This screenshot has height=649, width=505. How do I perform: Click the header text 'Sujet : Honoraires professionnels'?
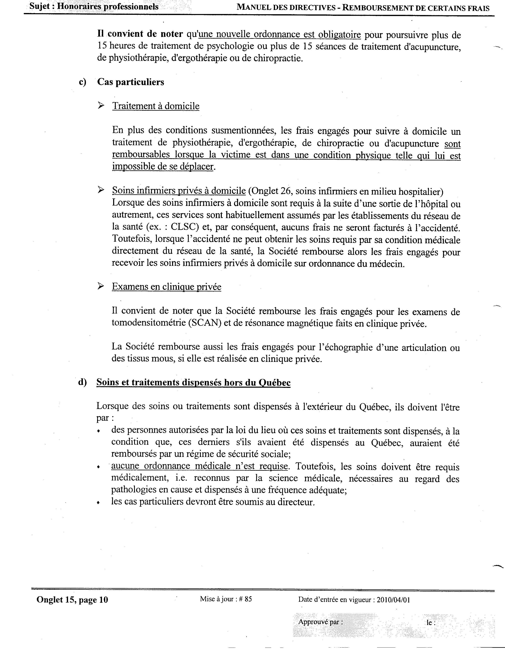pos(94,6)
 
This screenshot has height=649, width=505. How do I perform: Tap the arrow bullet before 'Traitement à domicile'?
pos(101,105)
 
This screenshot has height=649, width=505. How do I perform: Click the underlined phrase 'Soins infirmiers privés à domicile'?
pos(179,191)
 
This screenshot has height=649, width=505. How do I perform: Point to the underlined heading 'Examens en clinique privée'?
pos(166,287)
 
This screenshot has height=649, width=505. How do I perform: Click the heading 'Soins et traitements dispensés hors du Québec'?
pos(193,382)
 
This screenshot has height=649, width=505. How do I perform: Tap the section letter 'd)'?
pos(82,382)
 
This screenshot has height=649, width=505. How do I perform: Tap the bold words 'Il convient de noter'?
pos(140,34)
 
